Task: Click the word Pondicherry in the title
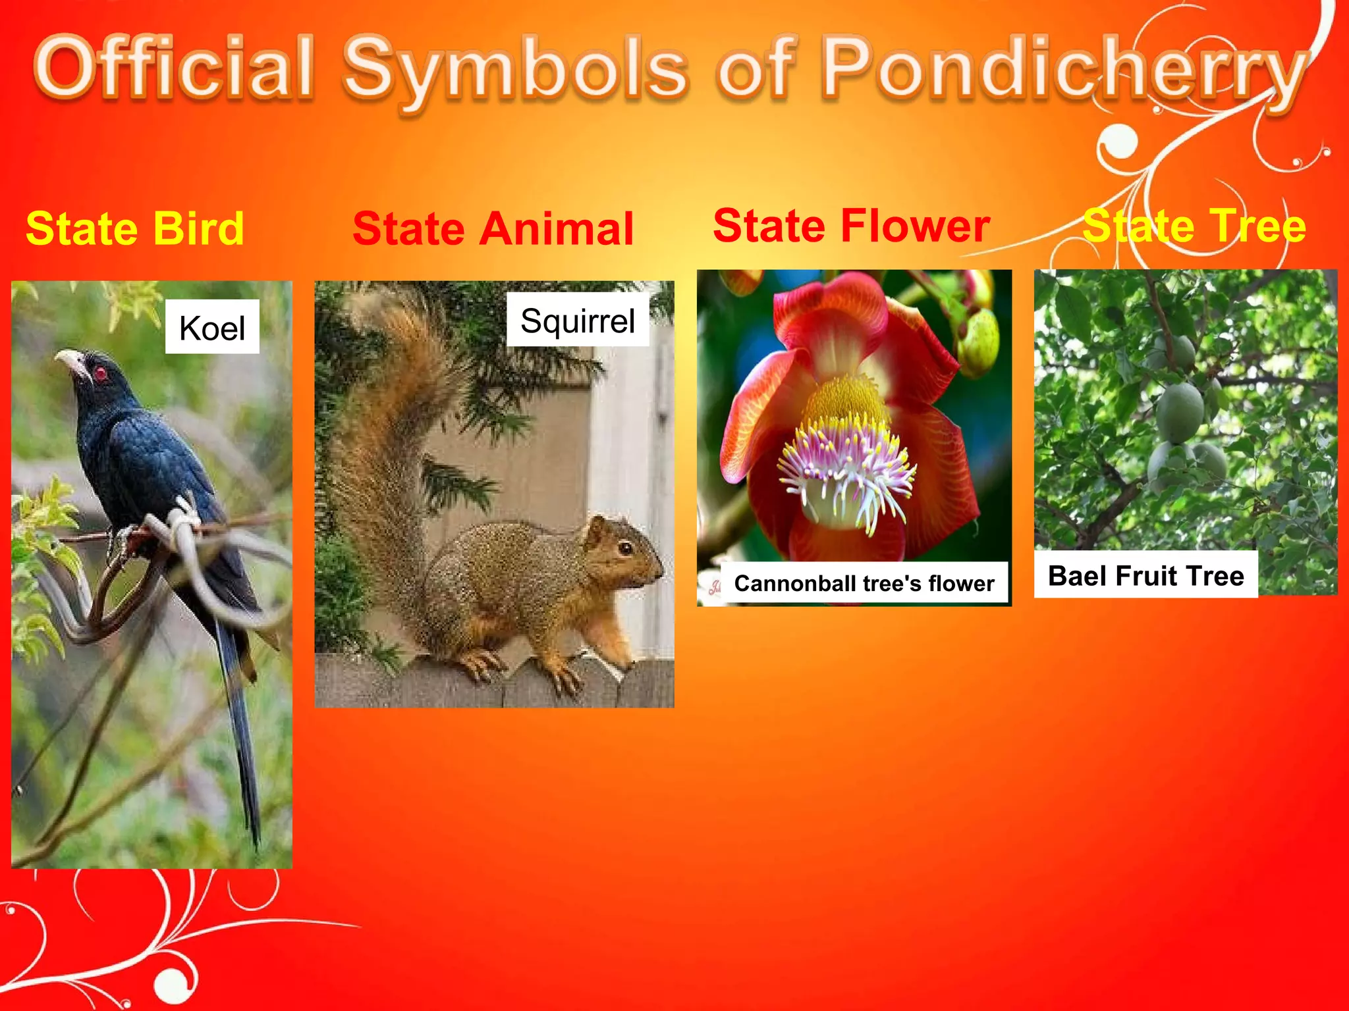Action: (1064, 69)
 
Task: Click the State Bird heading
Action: (135, 229)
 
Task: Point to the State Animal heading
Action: (493, 229)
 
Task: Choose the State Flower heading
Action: (851, 226)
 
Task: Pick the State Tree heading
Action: (1194, 226)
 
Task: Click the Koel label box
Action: (212, 327)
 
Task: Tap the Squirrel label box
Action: (578, 321)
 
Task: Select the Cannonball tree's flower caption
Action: (864, 583)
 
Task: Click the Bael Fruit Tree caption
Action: (1145, 576)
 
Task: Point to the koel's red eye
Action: (101, 374)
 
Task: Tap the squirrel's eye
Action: (624, 548)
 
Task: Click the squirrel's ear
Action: (597, 527)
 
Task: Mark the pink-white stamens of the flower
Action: (846, 467)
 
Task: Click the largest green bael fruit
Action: (1180, 411)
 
